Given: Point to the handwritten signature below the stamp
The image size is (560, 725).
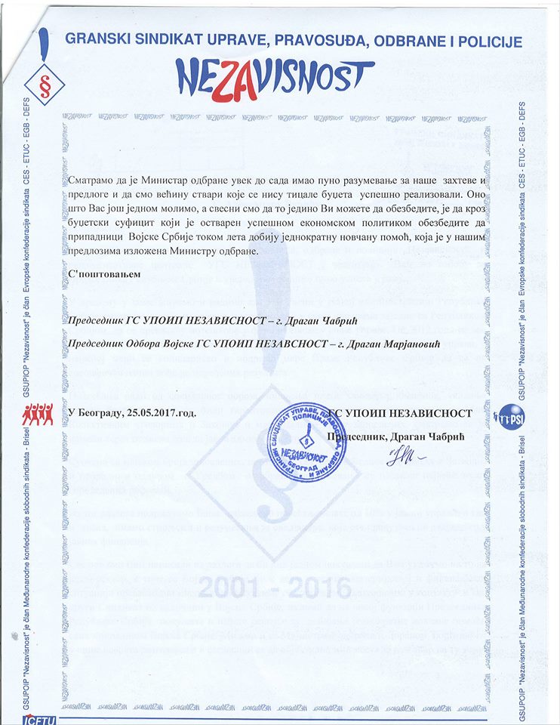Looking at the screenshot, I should pyautogui.click(x=403, y=457).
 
